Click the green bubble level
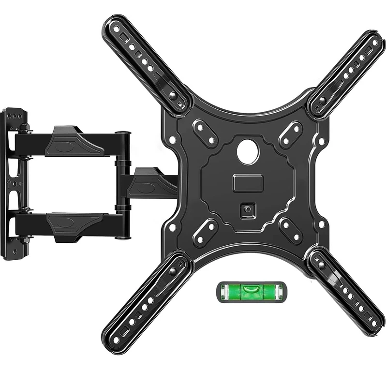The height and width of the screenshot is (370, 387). [x=250, y=293]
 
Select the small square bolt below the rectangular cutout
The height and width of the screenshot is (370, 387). [x=248, y=209]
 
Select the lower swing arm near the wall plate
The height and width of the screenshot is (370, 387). [x=73, y=224]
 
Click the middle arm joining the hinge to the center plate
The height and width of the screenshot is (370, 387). [x=152, y=184]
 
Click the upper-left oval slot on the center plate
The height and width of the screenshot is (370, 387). [x=205, y=133]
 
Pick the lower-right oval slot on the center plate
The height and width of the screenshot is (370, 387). [x=291, y=232]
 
